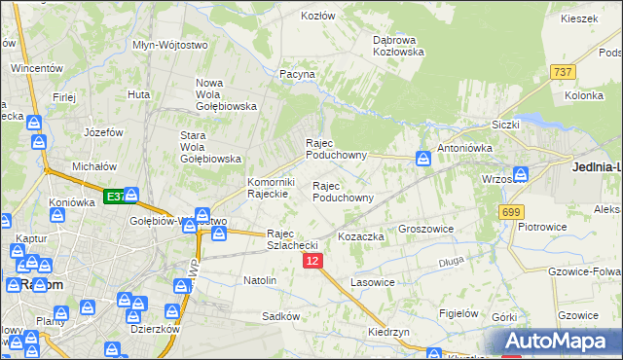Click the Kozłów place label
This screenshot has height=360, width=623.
(317, 16)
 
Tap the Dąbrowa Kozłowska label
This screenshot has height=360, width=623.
(398, 46)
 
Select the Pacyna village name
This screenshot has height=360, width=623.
(297, 74)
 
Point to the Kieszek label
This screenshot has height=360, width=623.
(578, 18)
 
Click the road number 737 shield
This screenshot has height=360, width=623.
(562, 72)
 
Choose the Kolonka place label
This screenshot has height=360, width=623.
(584, 96)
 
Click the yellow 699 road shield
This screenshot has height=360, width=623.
(510, 211)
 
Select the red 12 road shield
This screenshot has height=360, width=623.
(311, 261)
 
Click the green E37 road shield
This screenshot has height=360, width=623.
(114, 197)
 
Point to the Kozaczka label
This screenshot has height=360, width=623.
(361, 236)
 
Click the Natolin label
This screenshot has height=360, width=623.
(260, 280)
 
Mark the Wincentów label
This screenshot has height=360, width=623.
(37, 69)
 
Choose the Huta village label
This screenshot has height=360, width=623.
(138, 94)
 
